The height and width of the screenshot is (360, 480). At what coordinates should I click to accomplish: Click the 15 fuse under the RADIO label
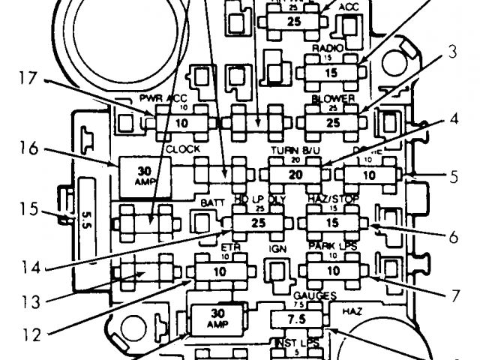331,73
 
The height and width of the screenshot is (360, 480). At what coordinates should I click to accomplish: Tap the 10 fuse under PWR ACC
180,121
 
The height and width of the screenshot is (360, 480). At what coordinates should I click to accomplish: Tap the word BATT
208,203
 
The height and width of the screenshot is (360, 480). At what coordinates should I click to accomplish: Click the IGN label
278,246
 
